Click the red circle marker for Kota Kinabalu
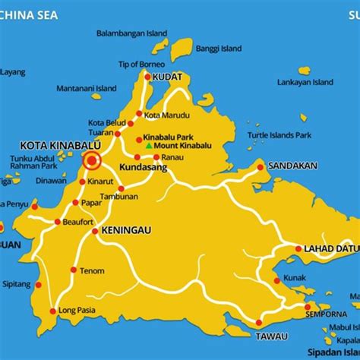[x=93, y=160]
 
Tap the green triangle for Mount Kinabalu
[x=149, y=144]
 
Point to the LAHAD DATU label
[x=330, y=248]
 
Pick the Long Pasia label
[x=78, y=310]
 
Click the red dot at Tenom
[x=73, y=270]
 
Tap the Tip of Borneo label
[x=137, y=64]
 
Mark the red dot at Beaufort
[x=58, y=222]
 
